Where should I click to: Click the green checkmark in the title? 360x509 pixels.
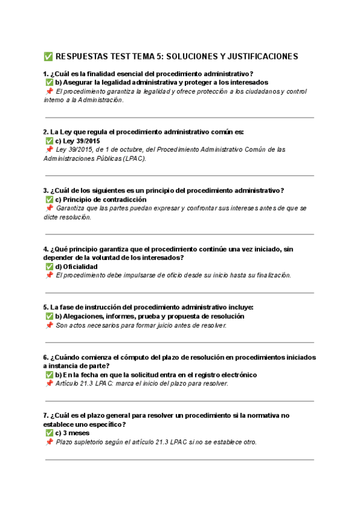48,56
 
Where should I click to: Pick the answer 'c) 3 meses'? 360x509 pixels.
72,433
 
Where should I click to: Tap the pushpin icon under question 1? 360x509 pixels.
49,91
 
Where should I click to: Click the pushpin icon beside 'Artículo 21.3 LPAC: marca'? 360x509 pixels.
49,383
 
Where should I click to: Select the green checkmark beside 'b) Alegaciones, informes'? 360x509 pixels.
49,316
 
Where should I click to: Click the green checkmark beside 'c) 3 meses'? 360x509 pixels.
49,433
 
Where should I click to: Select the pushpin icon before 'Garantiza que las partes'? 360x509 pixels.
49,208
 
